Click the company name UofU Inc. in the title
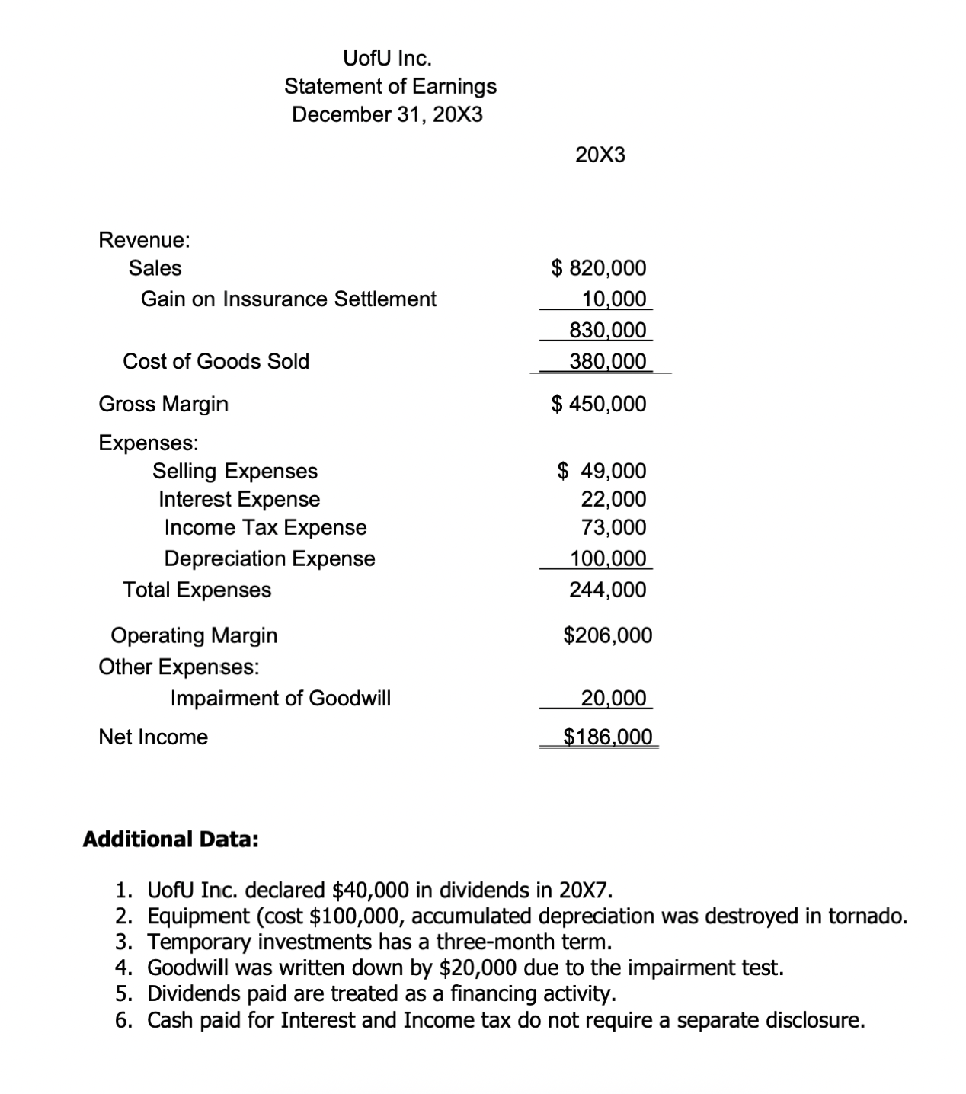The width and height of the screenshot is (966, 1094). pos(387,58)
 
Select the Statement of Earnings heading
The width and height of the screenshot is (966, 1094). pos(390,86)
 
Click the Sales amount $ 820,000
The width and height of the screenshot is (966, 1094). pos(598,268)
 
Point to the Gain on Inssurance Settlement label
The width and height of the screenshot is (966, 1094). pos(288,299)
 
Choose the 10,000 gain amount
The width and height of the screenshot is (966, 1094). pos(613,299)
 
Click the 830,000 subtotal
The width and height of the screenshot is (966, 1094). pos(607,331)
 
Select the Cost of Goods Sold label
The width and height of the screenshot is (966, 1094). pos(216,361)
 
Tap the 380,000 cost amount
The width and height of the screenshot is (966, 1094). pos(607,361)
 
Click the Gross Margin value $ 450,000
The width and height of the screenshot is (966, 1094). pos(598,404)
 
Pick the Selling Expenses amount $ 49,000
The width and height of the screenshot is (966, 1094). pos(601,471)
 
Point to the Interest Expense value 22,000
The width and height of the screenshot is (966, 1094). pos(613,500)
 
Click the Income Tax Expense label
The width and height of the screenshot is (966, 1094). pos(265,528)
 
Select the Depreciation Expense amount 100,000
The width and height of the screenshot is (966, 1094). pos(607,558)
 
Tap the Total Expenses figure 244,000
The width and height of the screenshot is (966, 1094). pos(607,590)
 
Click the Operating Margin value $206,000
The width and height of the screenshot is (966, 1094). pos(607,635)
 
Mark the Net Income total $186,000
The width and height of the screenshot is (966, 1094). pos(607,737)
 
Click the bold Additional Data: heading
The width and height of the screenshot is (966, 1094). pos(170,840)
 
